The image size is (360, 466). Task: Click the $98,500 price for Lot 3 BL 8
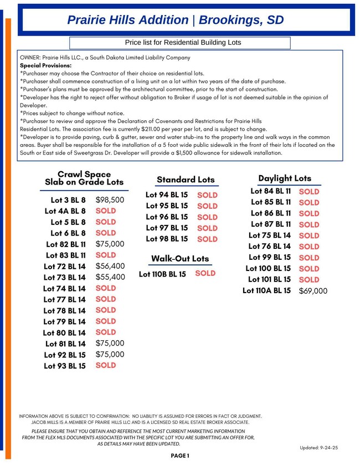(x=110, y=200)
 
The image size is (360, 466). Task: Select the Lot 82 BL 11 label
(x=65, y=244)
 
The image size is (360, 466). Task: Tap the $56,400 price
(x=110, y=266)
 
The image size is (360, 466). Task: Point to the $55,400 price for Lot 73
(x=110, y=277)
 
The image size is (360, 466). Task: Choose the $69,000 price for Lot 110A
(x=313, y=291)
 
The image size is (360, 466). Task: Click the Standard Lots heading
(x=185, y=180)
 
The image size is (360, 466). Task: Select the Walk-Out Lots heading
(x=180, y=259)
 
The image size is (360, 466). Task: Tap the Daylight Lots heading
(x=285, y=178)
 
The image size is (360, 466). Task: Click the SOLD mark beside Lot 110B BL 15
(x=205, y=273)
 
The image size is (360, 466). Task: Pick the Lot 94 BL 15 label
(x=167, y=195)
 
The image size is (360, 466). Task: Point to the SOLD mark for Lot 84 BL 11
(x=309, y=192)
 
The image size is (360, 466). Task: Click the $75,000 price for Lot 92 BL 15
(x=110, y=355)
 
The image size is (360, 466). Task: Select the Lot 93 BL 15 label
(x=65, y=366)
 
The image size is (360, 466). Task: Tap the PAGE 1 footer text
(x=180, y=456)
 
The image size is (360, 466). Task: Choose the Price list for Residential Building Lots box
(x=183, y=43)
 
